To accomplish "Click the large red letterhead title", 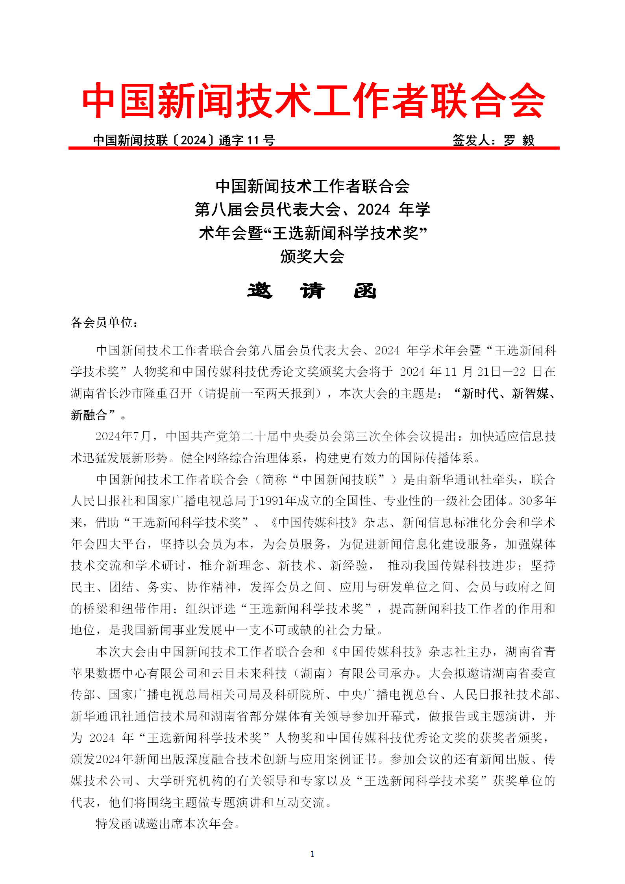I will [313, 100].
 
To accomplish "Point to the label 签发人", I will [471, 140].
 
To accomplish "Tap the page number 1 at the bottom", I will [312, 854].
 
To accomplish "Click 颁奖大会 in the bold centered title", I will [312, 256].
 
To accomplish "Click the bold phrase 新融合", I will [89, 415].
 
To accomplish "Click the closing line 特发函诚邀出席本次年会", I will [165, 824].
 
